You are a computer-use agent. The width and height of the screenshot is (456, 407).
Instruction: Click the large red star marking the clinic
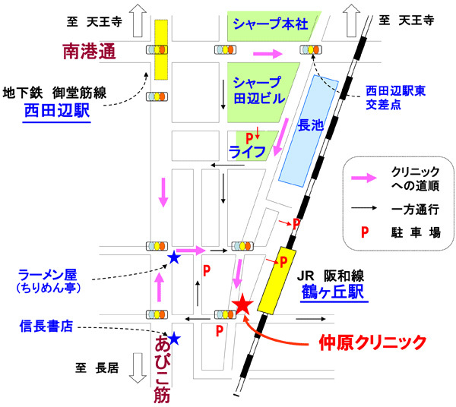[242, 305]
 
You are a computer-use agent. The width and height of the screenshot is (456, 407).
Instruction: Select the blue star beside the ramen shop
[174, 258]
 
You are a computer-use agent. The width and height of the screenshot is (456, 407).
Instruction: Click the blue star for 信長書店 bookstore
[174, 339]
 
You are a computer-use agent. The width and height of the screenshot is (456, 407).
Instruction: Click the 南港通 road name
[87, 52]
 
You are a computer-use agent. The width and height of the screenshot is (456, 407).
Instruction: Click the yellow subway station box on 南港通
[161, 49]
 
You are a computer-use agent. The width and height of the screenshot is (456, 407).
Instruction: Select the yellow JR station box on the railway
[277, 279]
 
